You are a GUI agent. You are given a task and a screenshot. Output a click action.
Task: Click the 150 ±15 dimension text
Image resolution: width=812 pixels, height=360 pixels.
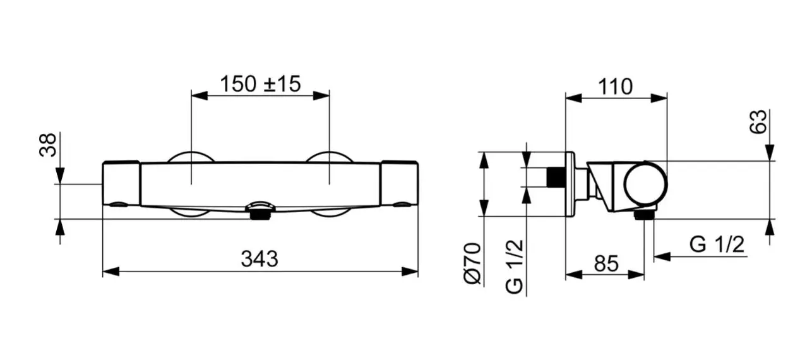(x=260, y=84)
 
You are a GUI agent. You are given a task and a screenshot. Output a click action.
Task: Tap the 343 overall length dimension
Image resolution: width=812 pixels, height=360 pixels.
(x=260, y=259)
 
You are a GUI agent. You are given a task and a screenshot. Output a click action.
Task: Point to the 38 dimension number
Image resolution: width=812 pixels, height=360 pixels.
(x=48, y=145)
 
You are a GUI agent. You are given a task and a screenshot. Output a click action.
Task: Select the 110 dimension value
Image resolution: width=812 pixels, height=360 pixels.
(x=615, y=87)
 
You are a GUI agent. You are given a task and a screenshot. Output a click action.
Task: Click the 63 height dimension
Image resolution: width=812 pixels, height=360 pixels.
(x=758, y=122)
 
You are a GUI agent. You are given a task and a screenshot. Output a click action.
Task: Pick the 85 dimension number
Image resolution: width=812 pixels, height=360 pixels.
(x=606, y=264)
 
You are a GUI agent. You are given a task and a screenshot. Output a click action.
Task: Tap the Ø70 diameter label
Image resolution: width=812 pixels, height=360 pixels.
(x=472, y=263)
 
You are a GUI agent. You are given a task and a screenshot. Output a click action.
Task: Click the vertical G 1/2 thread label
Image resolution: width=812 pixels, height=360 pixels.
(x=515, y=267)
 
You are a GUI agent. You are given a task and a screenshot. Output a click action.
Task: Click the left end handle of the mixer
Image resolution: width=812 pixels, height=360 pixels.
(x=121, y=183)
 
